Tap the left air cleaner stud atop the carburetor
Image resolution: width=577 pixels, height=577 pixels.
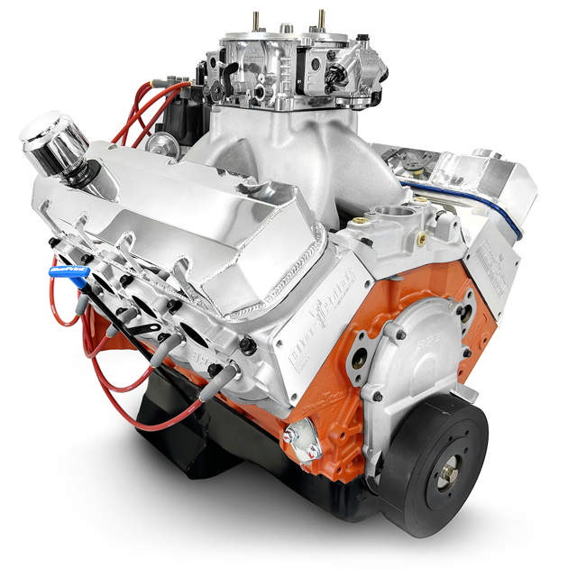pos(257,20)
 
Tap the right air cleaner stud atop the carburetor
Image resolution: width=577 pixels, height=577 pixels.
pos(320,18)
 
